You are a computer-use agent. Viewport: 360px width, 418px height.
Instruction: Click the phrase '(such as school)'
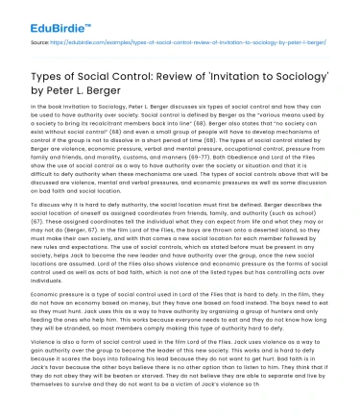(x=307, y=221)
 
